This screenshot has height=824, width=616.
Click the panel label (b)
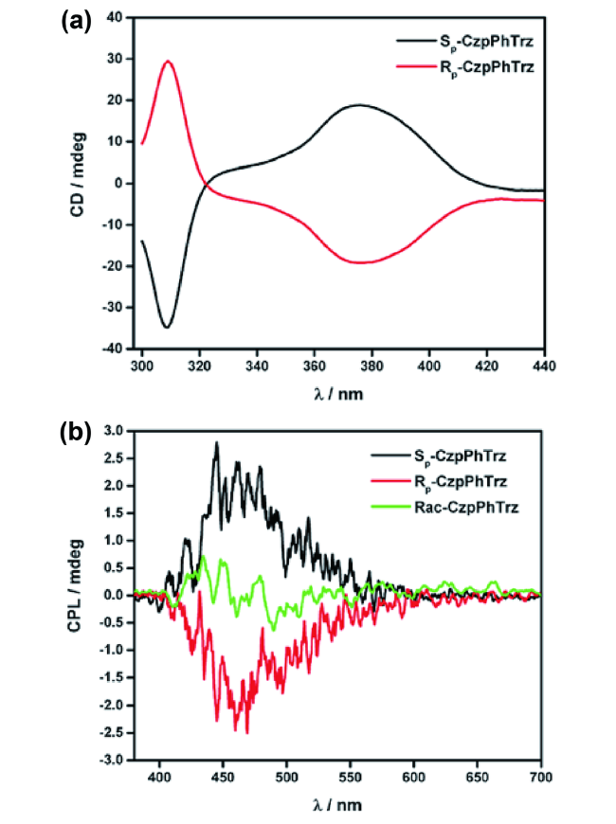77,435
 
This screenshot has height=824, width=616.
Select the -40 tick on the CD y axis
118,349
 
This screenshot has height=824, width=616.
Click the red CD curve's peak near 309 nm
168,62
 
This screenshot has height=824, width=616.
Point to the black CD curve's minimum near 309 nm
167,327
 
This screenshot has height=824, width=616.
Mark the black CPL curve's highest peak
216,442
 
